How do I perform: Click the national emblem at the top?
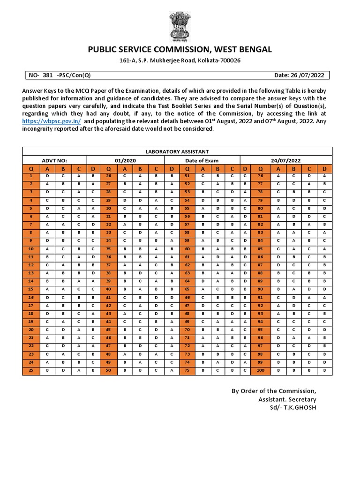pos(180,27)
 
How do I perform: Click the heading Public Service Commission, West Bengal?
pos(180,50)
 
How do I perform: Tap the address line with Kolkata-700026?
pos(180,61)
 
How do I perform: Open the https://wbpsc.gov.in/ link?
pos(52,121)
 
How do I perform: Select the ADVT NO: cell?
pos(55,160)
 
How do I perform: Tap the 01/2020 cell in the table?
pos(125,160)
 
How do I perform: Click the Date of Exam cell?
pos(202,160)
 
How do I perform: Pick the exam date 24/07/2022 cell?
pos(285,160)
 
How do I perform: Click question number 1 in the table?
pos(31,176)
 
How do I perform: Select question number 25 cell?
pos(31,371)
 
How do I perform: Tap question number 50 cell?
pos(108,371)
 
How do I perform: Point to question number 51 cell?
pos(187,176)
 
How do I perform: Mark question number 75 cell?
pos(187,371)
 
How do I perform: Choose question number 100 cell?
pos(260,371)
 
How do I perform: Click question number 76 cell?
pos(260,176)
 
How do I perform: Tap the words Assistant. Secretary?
pos(287,399)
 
